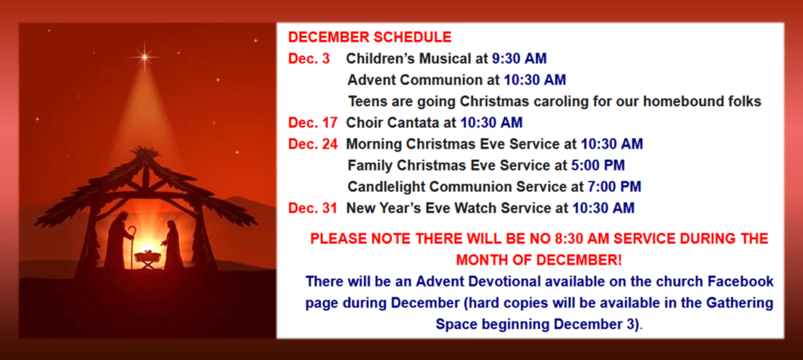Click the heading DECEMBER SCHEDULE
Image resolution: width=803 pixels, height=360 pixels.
pos(370,38)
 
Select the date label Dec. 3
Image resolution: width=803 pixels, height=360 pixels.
pos(309,59)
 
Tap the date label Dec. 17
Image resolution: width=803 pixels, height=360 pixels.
pos(313,123)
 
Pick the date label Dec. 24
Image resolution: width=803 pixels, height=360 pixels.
pos(313,144)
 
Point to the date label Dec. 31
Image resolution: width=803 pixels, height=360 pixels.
pos(313,208)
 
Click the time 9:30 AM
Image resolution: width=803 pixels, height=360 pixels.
pos(519,59)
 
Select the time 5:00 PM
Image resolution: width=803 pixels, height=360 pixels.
pos(597,165)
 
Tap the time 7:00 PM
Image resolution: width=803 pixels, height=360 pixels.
pos(613,187)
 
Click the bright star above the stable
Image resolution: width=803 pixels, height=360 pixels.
pos(145,56)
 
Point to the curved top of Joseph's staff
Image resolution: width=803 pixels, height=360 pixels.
pos(133,231)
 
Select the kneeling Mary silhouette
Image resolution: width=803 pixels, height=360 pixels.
pos(173,245)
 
